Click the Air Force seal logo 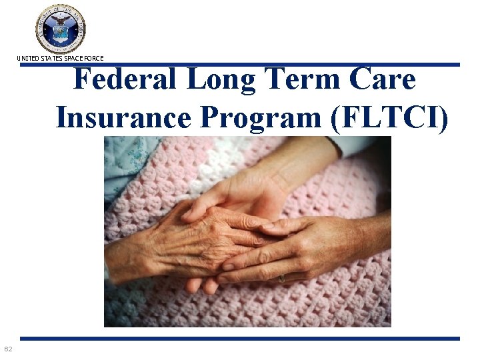60,29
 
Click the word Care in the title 384,80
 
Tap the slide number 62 8,349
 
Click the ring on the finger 281,278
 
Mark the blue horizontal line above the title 280,65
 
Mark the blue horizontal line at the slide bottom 240,339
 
